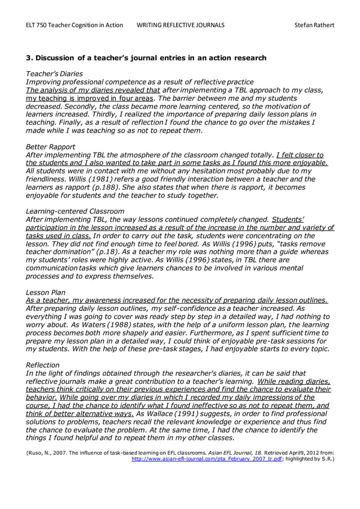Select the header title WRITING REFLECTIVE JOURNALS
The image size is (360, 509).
181,25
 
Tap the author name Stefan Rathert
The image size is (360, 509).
314,25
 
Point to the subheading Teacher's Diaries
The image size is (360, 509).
55,74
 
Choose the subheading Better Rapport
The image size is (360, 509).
51,146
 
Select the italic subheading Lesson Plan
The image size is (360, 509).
46,292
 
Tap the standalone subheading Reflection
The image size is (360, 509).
44,365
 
